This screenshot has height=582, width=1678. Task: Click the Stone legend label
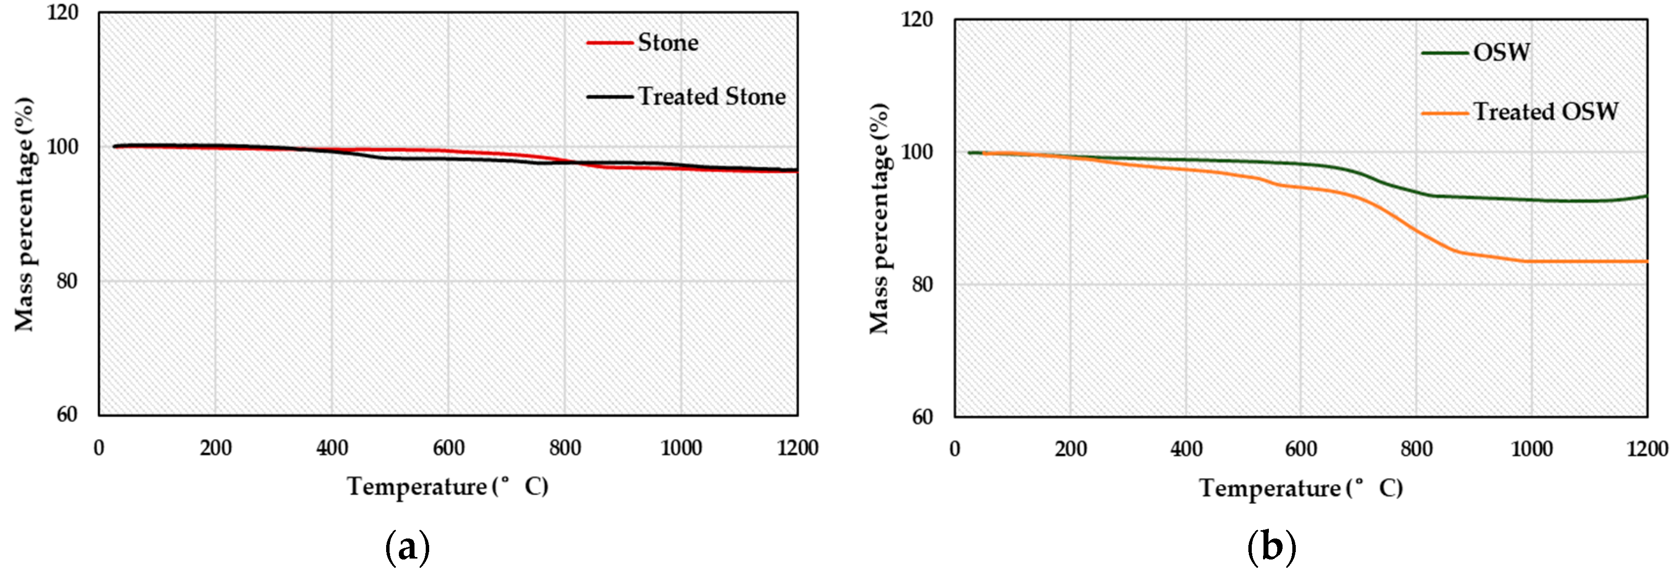(668, 43)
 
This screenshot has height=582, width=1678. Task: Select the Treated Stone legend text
(711, 97)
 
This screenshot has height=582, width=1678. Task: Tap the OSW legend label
(1502, 53)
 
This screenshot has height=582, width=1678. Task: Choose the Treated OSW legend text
(1545, 112)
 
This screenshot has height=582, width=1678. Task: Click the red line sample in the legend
(610, 43)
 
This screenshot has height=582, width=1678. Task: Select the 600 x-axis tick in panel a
(448, 448)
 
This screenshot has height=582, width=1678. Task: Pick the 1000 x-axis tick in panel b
(1531, 449)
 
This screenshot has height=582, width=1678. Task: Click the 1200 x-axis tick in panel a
(797, 448)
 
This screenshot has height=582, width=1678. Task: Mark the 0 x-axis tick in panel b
(955, 449)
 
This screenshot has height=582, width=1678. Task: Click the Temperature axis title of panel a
(448, 487)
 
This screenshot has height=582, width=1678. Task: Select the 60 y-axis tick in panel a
(66, 415)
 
